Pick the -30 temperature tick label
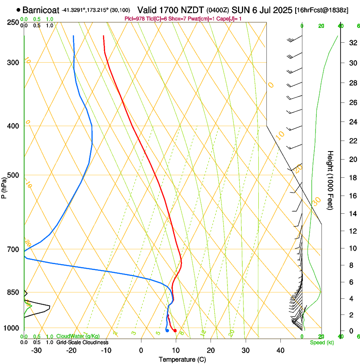tap(36, 350)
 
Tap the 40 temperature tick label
tap(280, 350)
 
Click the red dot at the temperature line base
tap(175, 331)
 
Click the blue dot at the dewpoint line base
tap(167, 331)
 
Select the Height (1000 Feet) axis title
tap(330, 180)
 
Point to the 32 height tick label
tap(351, 43)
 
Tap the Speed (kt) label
tap(321, 342)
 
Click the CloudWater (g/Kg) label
tap(78, 336)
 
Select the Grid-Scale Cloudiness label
tap(82, 342)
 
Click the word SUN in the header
tap(240, 10)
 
